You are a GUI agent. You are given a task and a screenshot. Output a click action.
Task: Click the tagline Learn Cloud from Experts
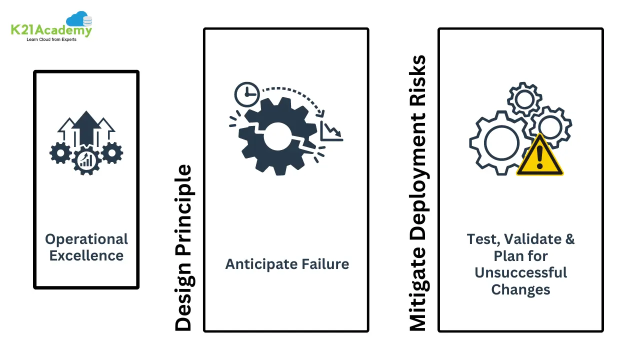51,39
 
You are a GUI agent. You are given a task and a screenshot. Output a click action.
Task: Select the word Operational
86,239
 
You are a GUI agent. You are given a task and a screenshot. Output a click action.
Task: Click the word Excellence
86,255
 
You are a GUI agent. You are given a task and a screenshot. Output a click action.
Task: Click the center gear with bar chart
86,159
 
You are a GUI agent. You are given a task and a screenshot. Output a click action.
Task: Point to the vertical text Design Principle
183,248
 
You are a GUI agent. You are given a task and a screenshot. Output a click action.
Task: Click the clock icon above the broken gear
246,94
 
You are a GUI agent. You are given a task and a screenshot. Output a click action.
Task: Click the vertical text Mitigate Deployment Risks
417,193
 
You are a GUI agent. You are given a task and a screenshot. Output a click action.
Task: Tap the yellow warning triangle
539,157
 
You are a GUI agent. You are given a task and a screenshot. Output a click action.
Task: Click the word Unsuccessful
520,272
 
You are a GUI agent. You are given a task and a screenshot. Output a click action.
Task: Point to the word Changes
520,289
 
